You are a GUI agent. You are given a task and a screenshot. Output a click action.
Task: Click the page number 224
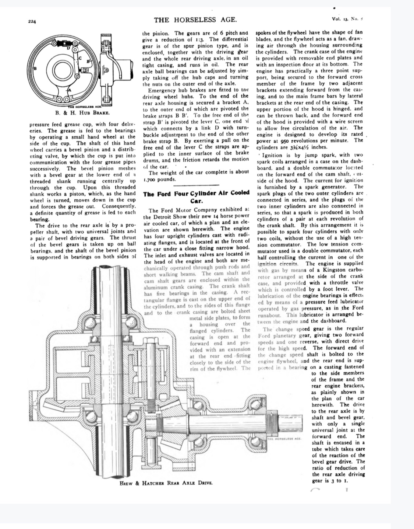[x=32, y=21]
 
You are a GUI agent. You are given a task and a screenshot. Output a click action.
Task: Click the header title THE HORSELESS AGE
[x=195, y=20]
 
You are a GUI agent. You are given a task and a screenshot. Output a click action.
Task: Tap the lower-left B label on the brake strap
[x=36, y=69]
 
